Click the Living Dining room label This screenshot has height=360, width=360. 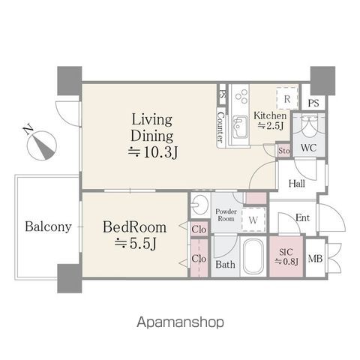(x=152, y=128)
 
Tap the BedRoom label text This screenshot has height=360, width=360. (x=135, y=227)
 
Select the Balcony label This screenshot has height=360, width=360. (x=48, y=227)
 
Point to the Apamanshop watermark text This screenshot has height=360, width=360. (x=180, y=322)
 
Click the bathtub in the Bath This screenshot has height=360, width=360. (x=253, y=256)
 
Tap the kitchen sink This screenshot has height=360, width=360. (x=240, y=127)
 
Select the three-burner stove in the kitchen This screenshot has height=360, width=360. (x=241, y=96)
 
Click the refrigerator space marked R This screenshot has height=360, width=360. (x=287, y=98)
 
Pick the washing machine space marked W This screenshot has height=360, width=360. (x=253, y=220)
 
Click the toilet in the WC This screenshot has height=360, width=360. (x=309, y=124)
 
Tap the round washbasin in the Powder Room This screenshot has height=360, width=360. (x=199, y=205)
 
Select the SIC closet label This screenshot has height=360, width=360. (x=286, y=256)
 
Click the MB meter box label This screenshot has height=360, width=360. (x=316, y=259)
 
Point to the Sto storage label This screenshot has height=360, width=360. (x=284, y=151)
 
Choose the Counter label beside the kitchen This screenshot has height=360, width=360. (x=220, y=127)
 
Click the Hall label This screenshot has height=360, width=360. (x=297, y=184)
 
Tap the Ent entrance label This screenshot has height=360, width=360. (x=303, y=217)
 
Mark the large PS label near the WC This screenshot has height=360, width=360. (x=313, y=103)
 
